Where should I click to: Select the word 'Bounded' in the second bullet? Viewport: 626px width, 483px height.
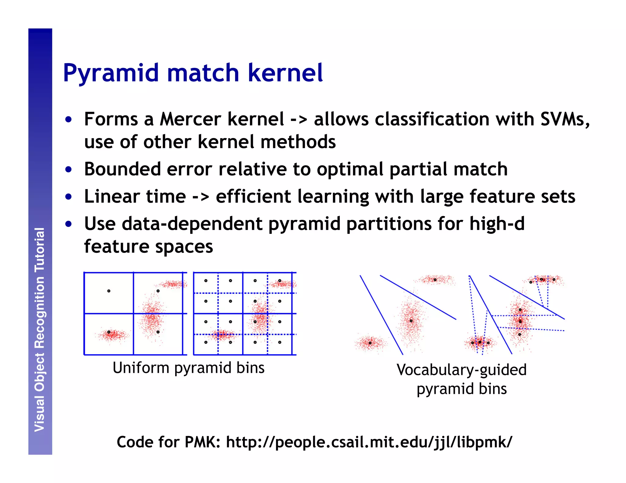tap(122, 169)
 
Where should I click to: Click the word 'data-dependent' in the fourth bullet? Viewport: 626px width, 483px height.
tap(192, 224)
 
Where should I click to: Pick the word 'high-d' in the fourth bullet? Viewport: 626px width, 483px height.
tap(497, 224)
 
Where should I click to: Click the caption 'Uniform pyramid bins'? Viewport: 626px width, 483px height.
tap(188, 368)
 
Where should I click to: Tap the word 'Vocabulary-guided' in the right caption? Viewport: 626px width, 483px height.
tap(462, 370)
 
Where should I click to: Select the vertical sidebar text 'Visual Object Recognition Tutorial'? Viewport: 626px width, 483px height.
tap(40, 330)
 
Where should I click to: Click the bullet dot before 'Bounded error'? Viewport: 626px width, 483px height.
tap(68, 169)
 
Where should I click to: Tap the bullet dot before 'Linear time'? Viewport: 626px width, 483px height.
tap(68, 197)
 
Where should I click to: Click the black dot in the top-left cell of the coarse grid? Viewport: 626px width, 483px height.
tap(109, 291)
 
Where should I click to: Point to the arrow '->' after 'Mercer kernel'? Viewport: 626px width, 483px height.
tap(299, 120)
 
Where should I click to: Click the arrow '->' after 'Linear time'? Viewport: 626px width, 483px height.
tap(201, 197)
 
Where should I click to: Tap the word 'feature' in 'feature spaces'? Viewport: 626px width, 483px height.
tap(116, 247)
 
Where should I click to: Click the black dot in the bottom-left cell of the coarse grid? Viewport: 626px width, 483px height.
tap(109, 332)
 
